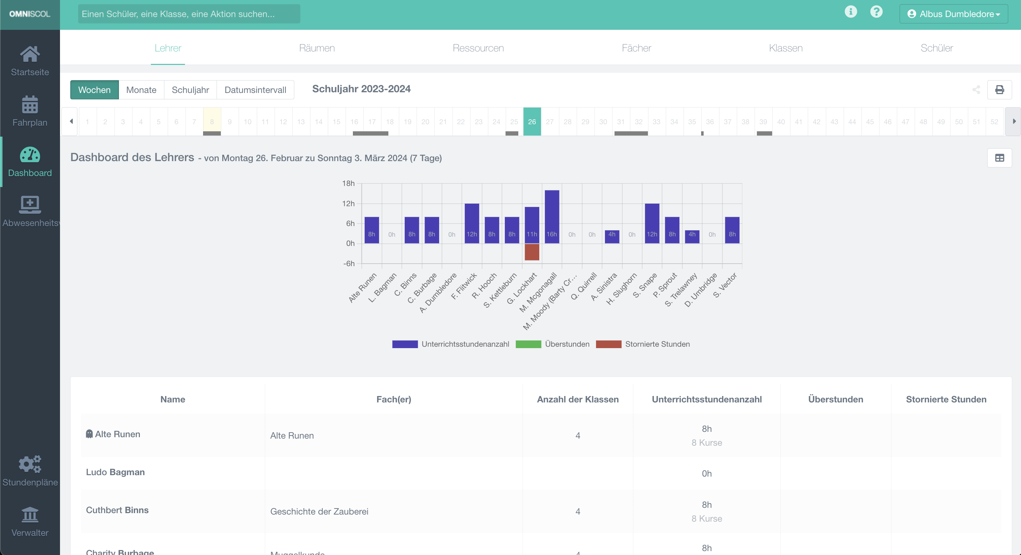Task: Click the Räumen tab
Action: pos(317,48)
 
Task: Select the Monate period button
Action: pos(141,90)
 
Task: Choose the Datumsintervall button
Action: pos(255,90)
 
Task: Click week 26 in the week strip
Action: pos(531,122)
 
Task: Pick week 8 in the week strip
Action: pos(212,122)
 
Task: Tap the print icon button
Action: pos(999,89)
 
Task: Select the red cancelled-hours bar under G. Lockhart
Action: pos(531,252)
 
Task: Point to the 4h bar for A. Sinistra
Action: pos(612,236)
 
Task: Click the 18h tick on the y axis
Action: pos(348,183)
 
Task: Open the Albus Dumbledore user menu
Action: pos(953,14)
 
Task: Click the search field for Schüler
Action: pos(189,14)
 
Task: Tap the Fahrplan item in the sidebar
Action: pos(30,111)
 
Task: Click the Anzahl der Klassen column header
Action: pos(578,399)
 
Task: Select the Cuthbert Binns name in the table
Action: pos(117,510)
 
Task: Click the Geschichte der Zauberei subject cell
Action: pos(319,511)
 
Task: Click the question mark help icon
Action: pos(876,12)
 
